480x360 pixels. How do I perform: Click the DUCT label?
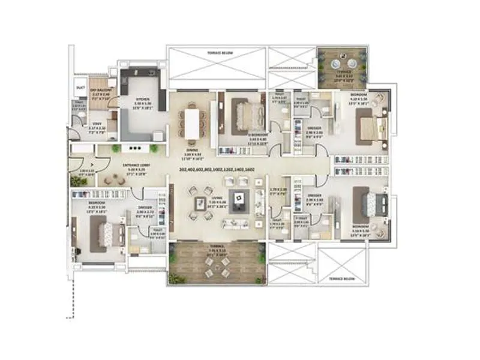point(80,87)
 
